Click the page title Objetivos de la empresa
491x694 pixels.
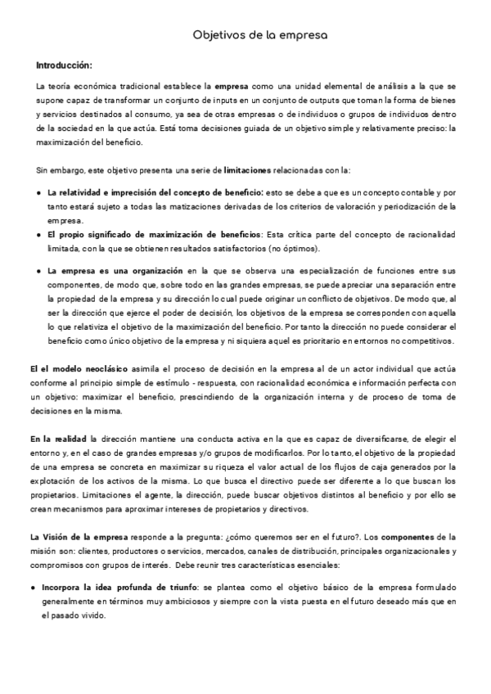259,36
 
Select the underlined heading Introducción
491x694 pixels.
65,65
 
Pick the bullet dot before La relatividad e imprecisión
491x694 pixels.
40,192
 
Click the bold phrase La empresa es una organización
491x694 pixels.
115,269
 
